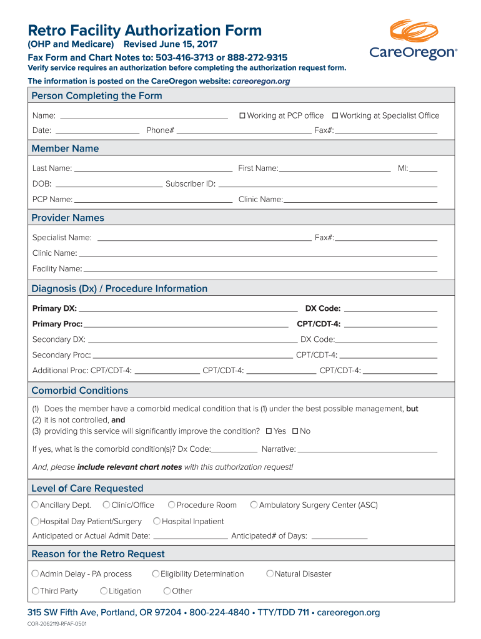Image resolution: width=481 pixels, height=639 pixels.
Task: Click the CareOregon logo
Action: (x=413, y=41)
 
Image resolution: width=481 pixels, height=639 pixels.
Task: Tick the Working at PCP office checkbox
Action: (x=242, y=115)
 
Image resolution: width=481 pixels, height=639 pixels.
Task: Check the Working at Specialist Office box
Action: (x=335, y=115)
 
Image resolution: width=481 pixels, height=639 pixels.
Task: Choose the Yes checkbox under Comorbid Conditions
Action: (x=269, y=431)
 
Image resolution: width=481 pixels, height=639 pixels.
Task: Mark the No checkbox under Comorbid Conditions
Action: (x=295, y=431)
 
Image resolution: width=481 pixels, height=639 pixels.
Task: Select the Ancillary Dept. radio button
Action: (x=35, y=505)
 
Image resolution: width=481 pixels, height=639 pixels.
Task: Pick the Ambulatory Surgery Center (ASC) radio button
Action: (x=254, y=505)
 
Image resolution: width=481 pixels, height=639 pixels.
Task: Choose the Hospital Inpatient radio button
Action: (x=157, y=521)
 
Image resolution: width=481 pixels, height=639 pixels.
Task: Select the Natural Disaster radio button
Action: (x=270, y=573)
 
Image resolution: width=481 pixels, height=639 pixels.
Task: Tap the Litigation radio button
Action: (x=104, y=590)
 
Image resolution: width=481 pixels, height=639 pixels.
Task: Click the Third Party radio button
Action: (x=35, y=590)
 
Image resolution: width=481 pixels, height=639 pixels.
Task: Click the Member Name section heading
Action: (x=65, y=149)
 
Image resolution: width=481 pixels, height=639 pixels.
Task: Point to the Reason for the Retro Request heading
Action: (x=98, y=554)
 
